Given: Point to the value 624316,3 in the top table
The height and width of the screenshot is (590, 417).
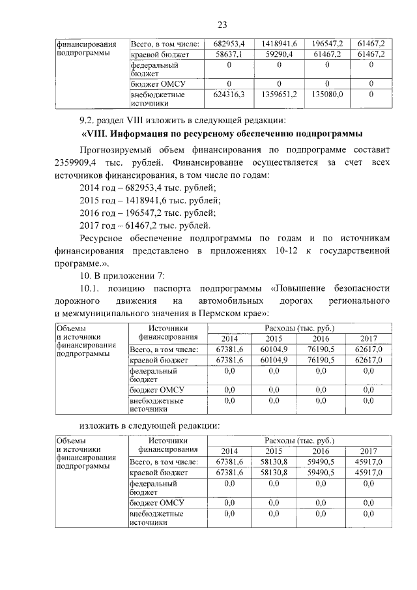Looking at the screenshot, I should click(229, 95).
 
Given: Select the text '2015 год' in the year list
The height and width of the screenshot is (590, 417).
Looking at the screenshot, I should click(96, 200).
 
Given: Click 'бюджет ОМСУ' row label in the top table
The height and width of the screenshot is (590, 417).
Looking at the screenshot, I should click(157, 83).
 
